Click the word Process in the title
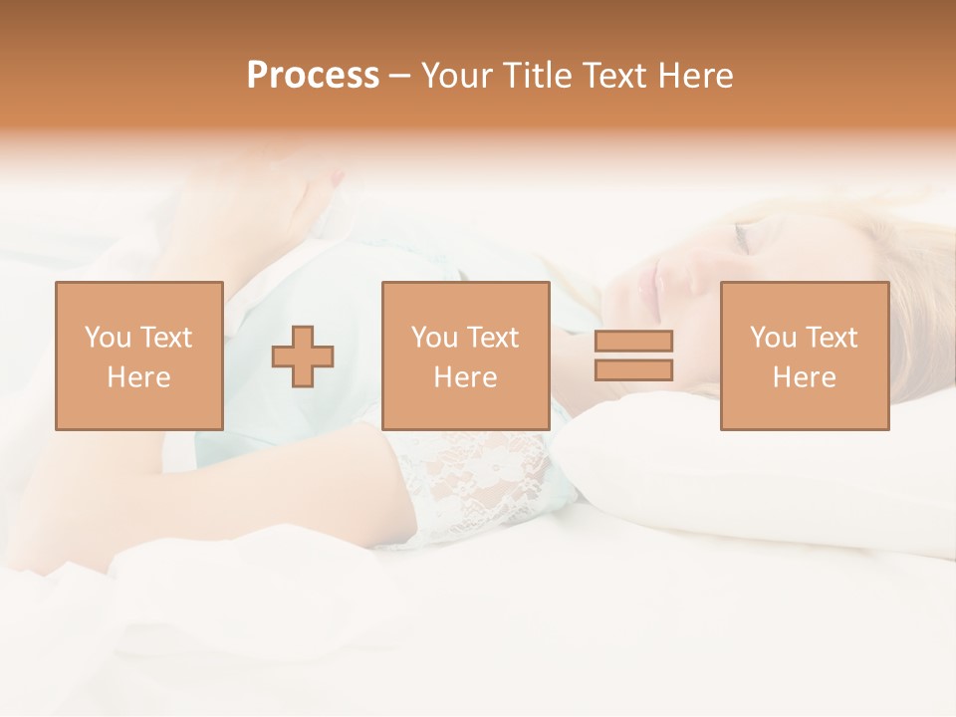coord(313,76)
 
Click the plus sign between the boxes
coord(303,357)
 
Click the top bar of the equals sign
coord(633,341)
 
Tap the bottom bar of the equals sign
coord(633,369)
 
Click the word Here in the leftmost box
coord(139,377)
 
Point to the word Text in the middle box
coord(493,338)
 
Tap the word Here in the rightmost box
coord(804,377)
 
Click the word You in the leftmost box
coord(108,338)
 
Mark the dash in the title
coord(400,77)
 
